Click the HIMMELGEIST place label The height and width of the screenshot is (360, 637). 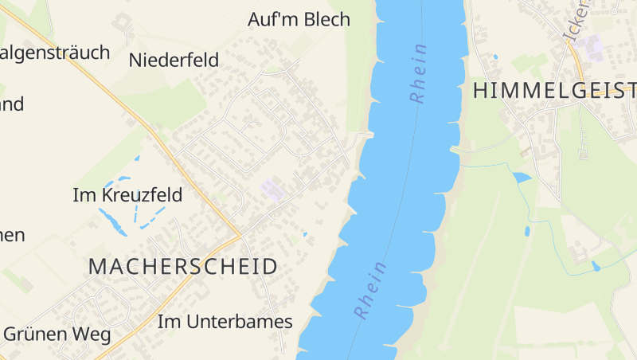tap(554, 91)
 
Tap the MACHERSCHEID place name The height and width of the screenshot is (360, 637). tap(183, 267)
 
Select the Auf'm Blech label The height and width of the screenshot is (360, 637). tap(299, 19)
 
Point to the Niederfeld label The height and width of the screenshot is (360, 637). tap(174, 59)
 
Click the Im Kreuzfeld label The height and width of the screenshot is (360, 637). tap(127, 195)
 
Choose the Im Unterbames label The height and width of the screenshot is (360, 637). tap(225, 322)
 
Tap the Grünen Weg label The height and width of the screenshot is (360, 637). tap(57, 334)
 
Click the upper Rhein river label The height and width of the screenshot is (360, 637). tap(419, 72)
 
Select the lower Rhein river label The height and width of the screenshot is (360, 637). tap(370, 290)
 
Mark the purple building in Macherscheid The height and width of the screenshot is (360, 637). tap(272, 190)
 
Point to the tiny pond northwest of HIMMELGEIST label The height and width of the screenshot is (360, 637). tap(494, 57)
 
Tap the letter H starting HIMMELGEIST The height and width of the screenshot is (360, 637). tap(480, 91)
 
